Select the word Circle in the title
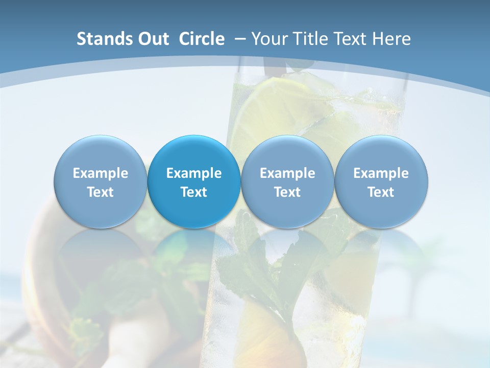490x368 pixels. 202,39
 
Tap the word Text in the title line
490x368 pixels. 352,39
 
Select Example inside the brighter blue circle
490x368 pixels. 194,173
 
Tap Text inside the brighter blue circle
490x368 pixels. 194,192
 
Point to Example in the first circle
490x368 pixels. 100,173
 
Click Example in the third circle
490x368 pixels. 287,173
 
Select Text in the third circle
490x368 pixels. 287,192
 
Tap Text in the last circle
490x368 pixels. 381,192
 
